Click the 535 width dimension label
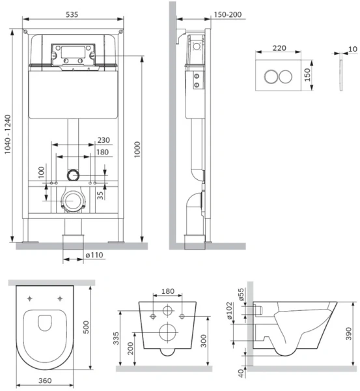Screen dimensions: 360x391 [72, 14]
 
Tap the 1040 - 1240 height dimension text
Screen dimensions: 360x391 [8, 134]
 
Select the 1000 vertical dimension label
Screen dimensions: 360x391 [137, 149]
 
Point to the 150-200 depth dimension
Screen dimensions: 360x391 [228, 14]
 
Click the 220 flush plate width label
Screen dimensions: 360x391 [279, 48]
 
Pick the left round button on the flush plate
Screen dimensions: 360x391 [271, 76]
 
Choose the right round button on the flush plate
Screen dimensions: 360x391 [286, 76]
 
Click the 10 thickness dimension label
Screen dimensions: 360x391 [353, 49]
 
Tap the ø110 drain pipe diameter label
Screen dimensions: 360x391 [94, 255]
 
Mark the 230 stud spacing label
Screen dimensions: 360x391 [104, 140]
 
